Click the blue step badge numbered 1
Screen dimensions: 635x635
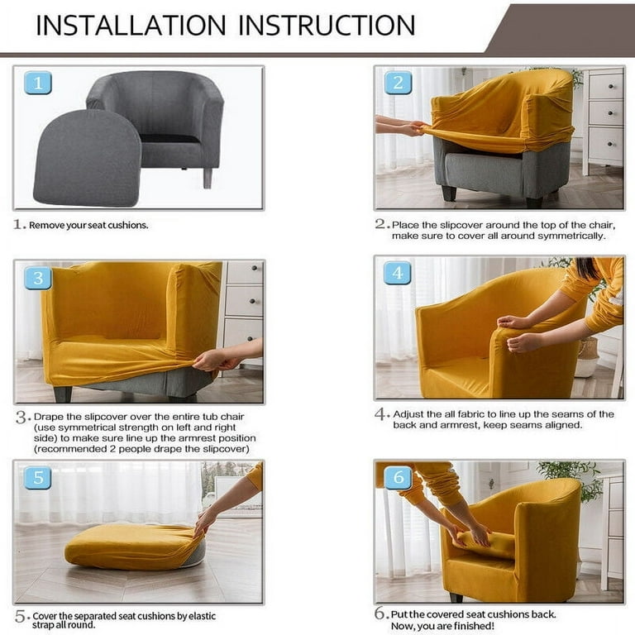click(38, 83)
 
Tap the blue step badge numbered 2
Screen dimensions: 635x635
click(398, 83)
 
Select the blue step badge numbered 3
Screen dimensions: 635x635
click(38, 278)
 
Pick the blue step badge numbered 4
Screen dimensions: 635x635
click(398, 273)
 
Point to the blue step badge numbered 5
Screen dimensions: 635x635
click(38, 478)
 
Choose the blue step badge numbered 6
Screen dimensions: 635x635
click(398, 478)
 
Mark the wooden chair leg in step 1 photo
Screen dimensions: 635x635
click(208, 177)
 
